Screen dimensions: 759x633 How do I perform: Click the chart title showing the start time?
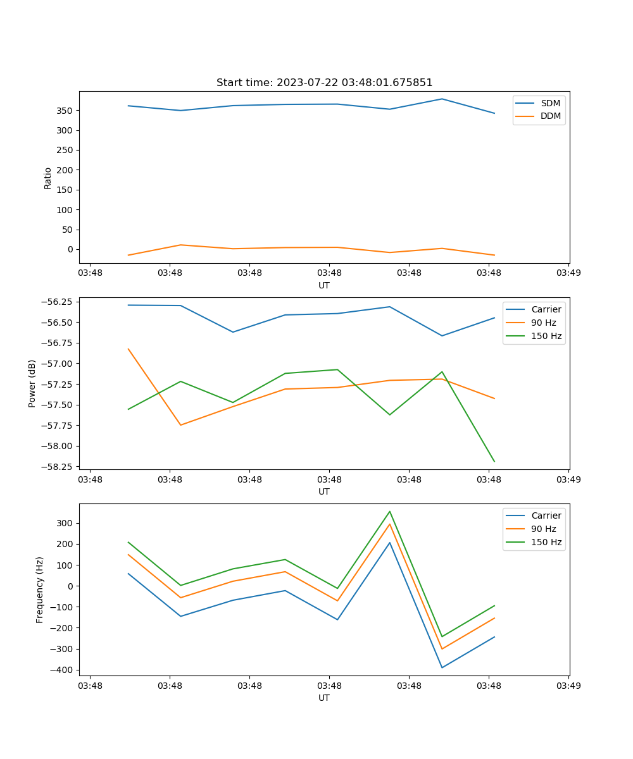tap(324, 83)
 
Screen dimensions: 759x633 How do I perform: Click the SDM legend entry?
tap(550, 102)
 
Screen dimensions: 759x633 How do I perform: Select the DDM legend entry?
tap(550, 116)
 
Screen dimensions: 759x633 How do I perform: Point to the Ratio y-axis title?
tap(48, 178)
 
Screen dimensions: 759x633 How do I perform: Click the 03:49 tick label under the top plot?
tap(568, 273)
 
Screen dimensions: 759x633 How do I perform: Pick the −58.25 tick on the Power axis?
tap(59, 467)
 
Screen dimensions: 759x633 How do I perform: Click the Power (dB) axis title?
tap(32, 383)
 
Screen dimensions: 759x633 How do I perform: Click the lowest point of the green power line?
tap(494, 462)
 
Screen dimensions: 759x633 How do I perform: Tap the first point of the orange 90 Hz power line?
tap(128, 349)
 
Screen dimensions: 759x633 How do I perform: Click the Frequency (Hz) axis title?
tap(40, 589)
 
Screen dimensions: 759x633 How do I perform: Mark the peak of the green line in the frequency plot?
tap(390, 511)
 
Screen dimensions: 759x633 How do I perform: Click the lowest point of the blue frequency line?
tap(442, 667)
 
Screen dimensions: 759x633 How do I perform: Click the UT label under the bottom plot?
tap(324, 698)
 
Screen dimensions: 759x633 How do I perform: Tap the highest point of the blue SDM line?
tap(442, 99)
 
